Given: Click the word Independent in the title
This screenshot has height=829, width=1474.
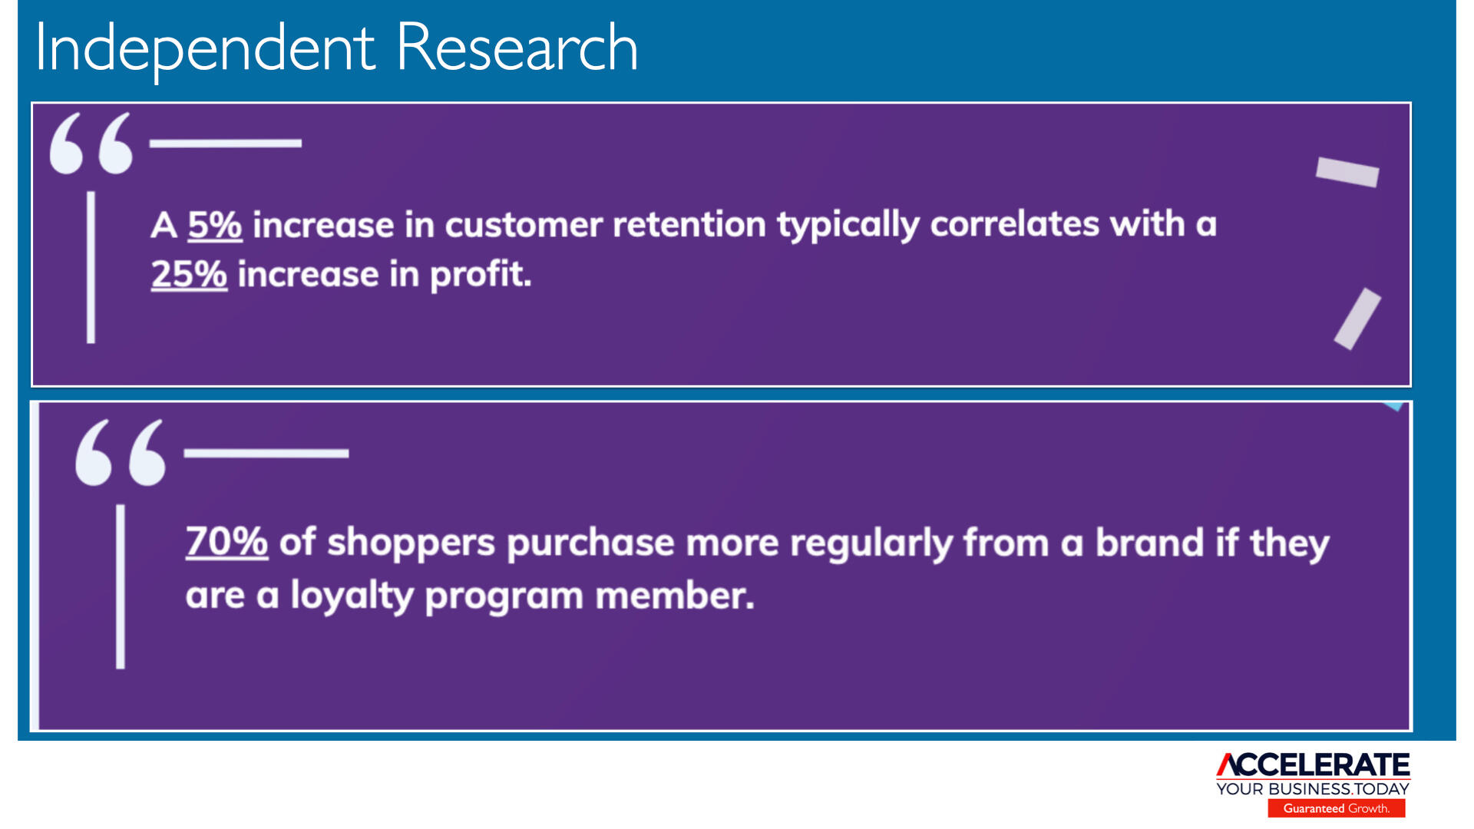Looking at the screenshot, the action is pyautogui.click(x=205, y=48).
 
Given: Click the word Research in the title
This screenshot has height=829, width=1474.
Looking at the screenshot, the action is pyautogui.click(x=517, y=48).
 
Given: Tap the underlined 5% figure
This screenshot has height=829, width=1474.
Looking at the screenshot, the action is pyautogui.click(x=215, y=225).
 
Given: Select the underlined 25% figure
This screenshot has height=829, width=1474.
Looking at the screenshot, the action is pyautogui.click(x=189, y=274).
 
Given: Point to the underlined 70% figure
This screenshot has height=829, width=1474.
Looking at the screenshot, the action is pyautogui.click(x=226, y=542).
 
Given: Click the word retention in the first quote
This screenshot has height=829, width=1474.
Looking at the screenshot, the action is pyautogui.click(x=689, y=224).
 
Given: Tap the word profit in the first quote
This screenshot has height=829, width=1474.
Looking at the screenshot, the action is pyautogui.click(x=481, y=275).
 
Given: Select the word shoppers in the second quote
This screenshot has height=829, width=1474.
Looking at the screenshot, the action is pyautogui.click(x=411, y=544).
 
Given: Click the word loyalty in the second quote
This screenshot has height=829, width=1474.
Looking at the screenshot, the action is pyautogui.click(x=352, y=596).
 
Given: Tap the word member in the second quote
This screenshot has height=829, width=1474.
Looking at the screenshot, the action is pyautogui.click(x=675, y=596).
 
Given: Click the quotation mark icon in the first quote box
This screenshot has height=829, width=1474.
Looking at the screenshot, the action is pyautogui.click(x=91, y=144).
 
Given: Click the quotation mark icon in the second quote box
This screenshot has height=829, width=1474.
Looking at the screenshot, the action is pyautogui.click(x=121, y=452).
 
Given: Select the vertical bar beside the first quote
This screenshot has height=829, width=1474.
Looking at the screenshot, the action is pyautogui.click(x=91, y=267).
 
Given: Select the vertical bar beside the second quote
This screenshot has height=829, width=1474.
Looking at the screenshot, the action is pyautogui.click(x=121, y=586).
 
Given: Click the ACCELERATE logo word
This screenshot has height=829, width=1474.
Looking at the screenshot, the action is pyautogui.click(x=1313, y=765).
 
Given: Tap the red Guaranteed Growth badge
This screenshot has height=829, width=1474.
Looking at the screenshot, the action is pyautogui.click(x=1337, y=808).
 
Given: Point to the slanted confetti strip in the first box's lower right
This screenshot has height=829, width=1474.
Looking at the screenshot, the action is pyautogui.click(x=1357, y=319).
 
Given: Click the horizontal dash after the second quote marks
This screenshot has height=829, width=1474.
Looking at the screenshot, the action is pyautogui.click(x=266, y=454).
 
